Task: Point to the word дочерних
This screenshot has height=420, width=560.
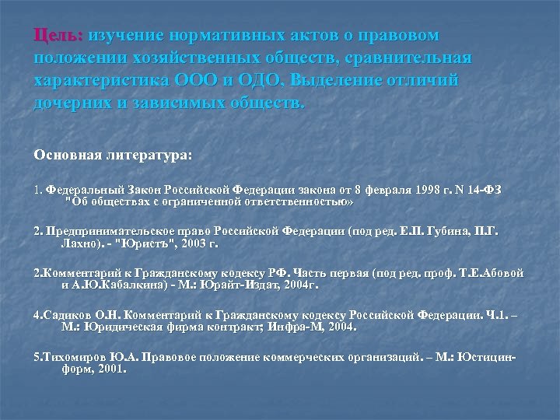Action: coord(75,103)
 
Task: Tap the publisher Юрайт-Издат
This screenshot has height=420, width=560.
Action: coord(238,285)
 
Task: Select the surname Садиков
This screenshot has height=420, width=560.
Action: coord(59,317)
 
